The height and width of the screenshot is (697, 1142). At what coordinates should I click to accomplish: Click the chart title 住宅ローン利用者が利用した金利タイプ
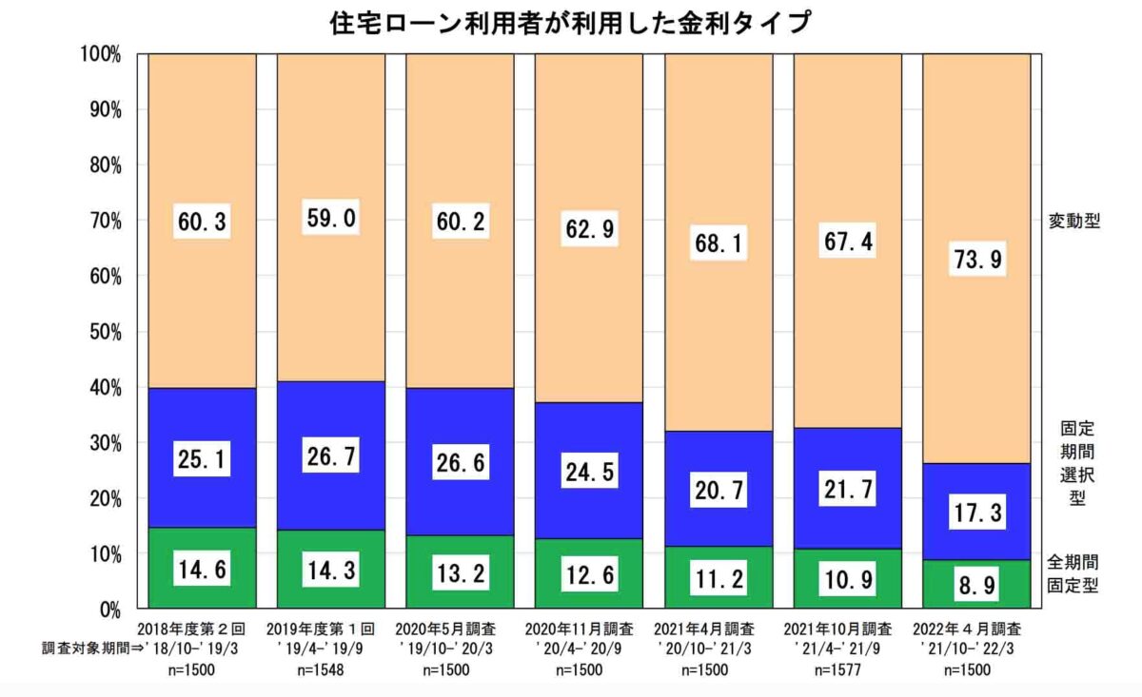point(571,21)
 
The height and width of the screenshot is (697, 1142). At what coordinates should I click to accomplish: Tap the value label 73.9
point(976,259)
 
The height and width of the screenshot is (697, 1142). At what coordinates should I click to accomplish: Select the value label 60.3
point(202,222)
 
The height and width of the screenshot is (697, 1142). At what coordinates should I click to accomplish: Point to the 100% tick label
point(101,54)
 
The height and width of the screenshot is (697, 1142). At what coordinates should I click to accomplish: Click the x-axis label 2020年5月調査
point(460,629)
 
